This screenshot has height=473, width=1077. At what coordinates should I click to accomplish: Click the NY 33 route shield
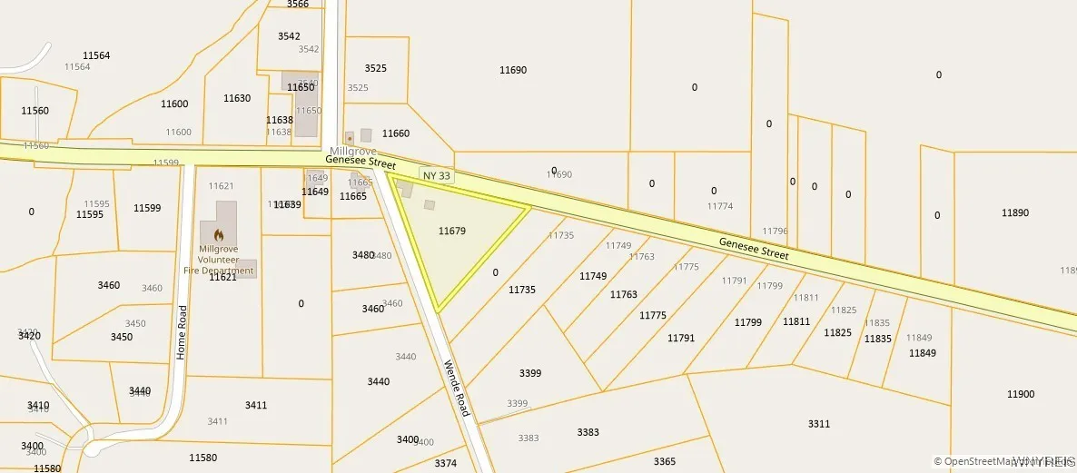pos(435,173)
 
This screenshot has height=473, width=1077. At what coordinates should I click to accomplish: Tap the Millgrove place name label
pos(352,151)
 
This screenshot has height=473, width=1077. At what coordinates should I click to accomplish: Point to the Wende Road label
pos(456,389)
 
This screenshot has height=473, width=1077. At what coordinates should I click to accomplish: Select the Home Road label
pos(182,332)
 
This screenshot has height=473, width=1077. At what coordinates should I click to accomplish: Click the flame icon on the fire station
pos(218,234)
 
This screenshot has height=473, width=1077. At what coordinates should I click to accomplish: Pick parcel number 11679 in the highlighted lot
pos(451,232)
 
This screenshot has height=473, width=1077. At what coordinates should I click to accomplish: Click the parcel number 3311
pos(819,424)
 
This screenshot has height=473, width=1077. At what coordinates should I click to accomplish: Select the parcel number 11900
pos(1021,394)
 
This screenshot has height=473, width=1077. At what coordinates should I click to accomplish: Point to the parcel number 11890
pos(1015,212)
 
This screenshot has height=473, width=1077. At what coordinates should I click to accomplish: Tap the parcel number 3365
pos(665,461)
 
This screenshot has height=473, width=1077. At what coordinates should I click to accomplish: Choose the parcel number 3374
pos(445,463)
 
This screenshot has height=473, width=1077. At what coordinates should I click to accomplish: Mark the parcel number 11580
pos(203,458)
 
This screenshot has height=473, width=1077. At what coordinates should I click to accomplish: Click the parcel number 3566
pos(298,5)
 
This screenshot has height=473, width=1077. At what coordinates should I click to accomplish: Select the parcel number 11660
pos(396,133)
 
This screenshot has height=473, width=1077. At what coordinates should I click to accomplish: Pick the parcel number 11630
pos(237,98)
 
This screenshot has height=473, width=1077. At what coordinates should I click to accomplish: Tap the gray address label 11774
pos(720,206)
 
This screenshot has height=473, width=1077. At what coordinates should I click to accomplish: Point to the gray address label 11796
pos(776,232)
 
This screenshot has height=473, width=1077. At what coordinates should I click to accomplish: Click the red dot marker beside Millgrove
pos(350,138)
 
